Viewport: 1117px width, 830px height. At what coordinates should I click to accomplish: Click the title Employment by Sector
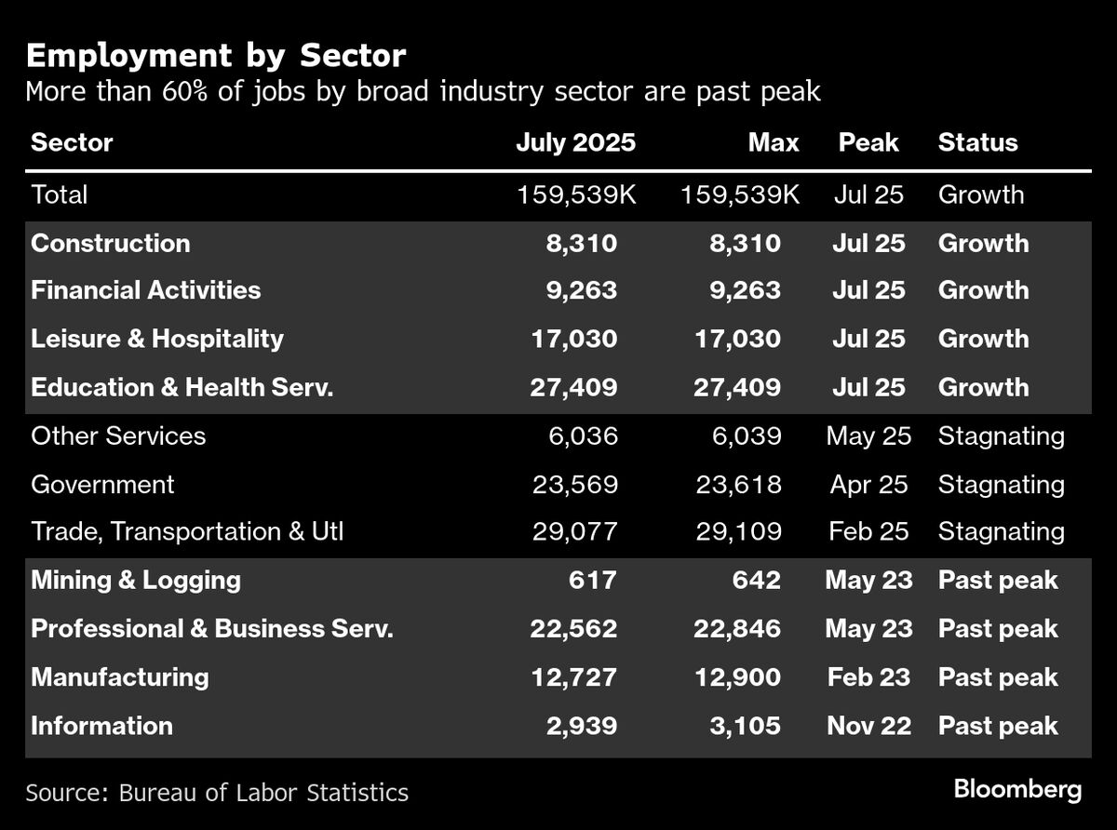coord(216,56)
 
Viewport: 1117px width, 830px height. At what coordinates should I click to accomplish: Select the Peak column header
coord(868,142)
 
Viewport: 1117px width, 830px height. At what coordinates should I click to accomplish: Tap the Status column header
coord(977,142)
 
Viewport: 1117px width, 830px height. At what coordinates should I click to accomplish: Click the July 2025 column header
coord(575,142)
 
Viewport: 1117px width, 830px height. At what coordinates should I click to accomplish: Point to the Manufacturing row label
coord(120,676)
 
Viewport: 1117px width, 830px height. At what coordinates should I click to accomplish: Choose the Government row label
coord(102,484)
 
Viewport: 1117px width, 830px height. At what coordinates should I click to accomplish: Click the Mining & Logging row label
coord(136,581)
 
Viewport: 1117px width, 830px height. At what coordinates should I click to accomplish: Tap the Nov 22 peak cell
coord(868,726)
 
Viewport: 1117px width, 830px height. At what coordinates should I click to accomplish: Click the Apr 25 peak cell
coord(868,484)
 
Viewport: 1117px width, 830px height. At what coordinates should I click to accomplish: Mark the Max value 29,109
coord(737,532)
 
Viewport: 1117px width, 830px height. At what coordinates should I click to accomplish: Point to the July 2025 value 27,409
coord(572,387)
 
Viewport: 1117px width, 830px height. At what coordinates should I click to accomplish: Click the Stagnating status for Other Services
coord(1001,435)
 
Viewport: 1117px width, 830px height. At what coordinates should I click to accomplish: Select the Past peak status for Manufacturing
coord(998,676)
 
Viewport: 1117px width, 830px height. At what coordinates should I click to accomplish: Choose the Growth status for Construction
coord(983,244)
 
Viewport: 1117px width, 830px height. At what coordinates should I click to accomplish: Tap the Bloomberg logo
coord(1017,790)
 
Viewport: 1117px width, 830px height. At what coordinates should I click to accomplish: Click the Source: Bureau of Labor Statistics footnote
coord(217,793)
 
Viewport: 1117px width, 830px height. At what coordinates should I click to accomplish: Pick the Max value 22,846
coord(737,629)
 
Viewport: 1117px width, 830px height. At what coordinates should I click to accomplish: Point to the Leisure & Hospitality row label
coord(157,339)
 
